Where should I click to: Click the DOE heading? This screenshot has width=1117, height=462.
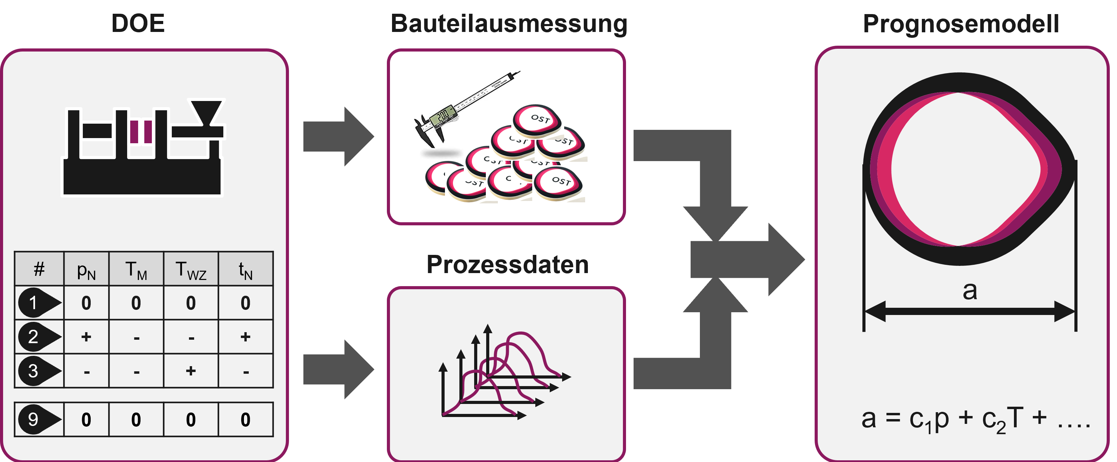(x=138, y=23)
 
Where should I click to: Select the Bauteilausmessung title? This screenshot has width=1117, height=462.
(x=509, y=23)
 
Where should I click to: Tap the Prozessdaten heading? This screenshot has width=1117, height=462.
(x=507, y=264)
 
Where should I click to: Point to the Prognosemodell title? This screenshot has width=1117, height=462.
(x=961, y=23)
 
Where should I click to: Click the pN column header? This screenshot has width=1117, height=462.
(x=86, y=270)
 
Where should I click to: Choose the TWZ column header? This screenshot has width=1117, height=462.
(x=191, y=270)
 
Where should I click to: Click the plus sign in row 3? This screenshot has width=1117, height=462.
(x=191, y=371)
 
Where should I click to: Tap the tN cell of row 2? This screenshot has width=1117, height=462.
(x=245, y=337)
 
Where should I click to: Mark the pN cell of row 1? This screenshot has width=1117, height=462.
(x=86, y=303)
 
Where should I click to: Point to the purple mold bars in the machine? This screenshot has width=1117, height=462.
(x=141, y=131)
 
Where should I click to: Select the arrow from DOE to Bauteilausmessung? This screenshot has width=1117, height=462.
(x=338, y=136)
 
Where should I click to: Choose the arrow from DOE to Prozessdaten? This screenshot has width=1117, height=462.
(x=338, y=369)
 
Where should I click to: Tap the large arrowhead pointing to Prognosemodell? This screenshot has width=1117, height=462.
(x=785, y=259)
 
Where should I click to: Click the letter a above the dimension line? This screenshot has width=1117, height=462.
(x=970, y=290)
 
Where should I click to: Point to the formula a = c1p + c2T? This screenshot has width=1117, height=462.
(x=976, y=419)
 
